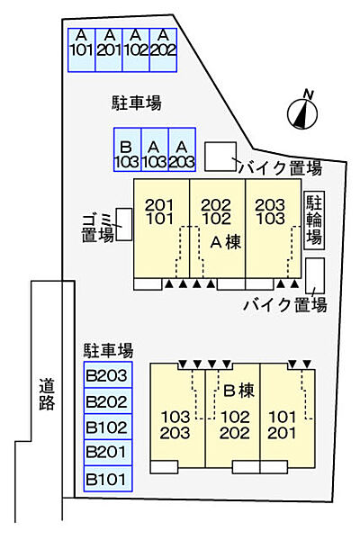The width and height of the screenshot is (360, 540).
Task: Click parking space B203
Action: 108,375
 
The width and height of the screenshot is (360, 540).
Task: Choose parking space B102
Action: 108,427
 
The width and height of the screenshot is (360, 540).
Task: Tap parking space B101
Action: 108,478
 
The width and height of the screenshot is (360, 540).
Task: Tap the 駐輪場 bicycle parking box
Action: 314,220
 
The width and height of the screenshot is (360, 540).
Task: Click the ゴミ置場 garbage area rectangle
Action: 124,224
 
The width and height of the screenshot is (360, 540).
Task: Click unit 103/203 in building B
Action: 175,425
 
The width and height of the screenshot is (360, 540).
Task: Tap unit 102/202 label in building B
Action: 235,425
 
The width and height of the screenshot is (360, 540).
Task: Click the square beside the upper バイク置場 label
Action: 219,156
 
